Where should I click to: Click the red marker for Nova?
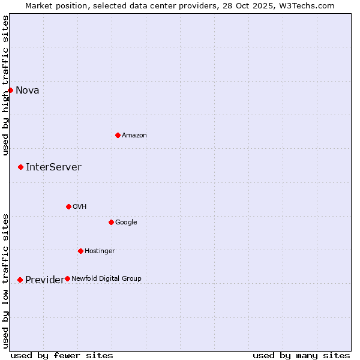[10, 90]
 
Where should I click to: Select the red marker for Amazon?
[118, 135]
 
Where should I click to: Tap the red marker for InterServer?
[20, 167]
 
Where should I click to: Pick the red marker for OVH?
[68, 206]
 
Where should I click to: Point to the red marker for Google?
[111, 222]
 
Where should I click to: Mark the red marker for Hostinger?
[80, 251]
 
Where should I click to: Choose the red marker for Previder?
[20, 280]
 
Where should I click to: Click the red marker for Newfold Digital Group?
[67, 278]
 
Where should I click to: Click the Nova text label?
[28, 91]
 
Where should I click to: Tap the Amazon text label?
[134, 136]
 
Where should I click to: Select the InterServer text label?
[53, 167]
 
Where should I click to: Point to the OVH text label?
[80, 207]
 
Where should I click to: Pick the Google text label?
[126, 223]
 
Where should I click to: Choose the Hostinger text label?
[100, 251]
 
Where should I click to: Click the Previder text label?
[44, 280]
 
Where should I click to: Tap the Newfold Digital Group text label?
[107, 279]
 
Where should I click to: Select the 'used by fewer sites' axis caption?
[62, 355]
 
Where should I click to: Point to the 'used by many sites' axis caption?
[301, 355]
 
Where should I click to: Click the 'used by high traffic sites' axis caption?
[5, 85]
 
